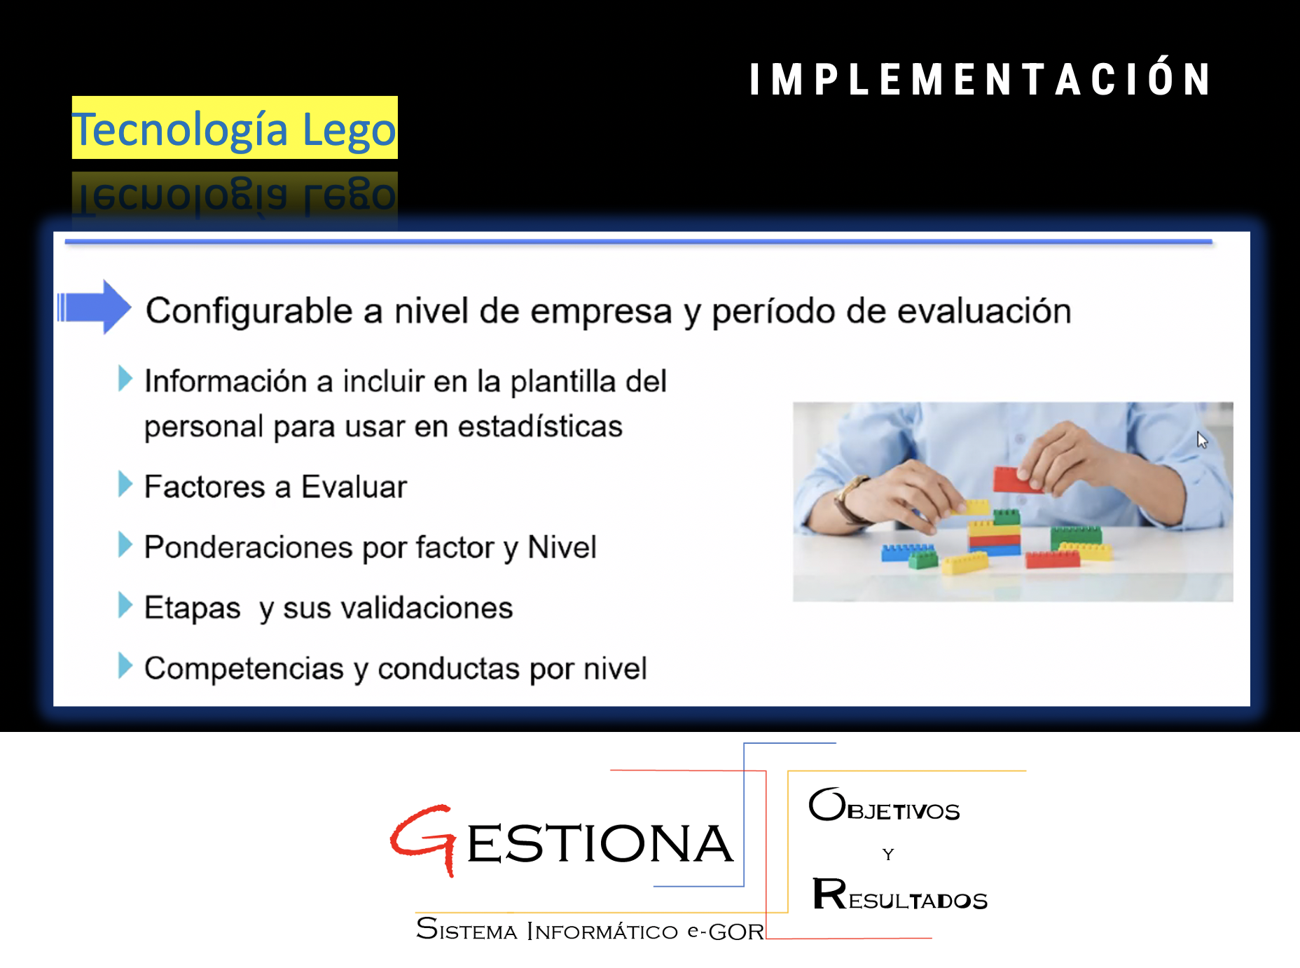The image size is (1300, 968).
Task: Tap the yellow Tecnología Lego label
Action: pyautogui.click(x=235, y=127)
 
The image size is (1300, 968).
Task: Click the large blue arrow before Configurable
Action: pyautogui.click(x=95, y=307)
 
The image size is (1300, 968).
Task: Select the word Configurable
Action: pyautogui.click(x=249, y=311)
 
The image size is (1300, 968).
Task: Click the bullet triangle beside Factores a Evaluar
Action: pyautogui.click(x=125, y=484)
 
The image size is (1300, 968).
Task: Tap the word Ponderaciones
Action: pyautogui.click(x=249, y=547)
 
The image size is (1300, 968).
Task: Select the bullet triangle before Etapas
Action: pyautogui.click(x=125, y=605)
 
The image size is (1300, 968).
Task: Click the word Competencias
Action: pyautogui.click(x=244, y=668)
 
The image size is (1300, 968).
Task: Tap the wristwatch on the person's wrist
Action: pyautogui.click(x=851, y=499)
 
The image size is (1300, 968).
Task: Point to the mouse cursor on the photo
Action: pyautogui.click(x=1202, y=440)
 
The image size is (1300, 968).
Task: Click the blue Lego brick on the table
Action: pyautogui.click(x=908, y=552)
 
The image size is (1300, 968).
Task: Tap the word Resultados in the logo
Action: pyautogui.click(x=900, y=894)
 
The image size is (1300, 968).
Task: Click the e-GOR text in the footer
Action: pyautogui.click(x=726, y=932)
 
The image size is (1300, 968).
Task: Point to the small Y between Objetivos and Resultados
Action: pyautogui.click(x=888, y=854)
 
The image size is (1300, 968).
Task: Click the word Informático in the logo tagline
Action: pyautogui.click(x=602, y=931)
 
